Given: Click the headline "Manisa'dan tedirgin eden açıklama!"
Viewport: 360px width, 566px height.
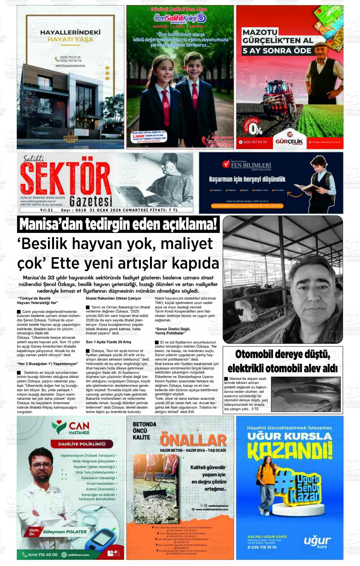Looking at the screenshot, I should click(118, 225).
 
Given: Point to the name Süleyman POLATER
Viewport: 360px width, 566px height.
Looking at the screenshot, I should click(65, 532).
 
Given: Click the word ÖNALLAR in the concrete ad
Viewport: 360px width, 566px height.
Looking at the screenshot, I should click(193, 440).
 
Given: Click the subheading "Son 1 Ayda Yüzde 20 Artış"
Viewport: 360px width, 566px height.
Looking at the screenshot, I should click(108, 342).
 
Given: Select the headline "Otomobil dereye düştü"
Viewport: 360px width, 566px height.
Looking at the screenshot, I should click(282, 355).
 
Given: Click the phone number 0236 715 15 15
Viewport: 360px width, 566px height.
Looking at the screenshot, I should click(262, 547).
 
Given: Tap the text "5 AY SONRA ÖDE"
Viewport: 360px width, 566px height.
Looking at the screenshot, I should click(277, 51).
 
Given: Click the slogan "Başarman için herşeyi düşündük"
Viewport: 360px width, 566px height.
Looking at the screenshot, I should click(247, 179).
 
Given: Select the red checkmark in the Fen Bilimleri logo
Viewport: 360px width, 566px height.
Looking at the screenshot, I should click(226, 164).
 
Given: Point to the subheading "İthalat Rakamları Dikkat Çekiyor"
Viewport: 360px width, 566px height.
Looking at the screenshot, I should click(113, 298).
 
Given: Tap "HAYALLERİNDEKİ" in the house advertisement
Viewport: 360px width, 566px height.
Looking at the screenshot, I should click(70, 33).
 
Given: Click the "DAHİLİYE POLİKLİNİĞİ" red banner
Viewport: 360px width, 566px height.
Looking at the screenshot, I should click(81, 444).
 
